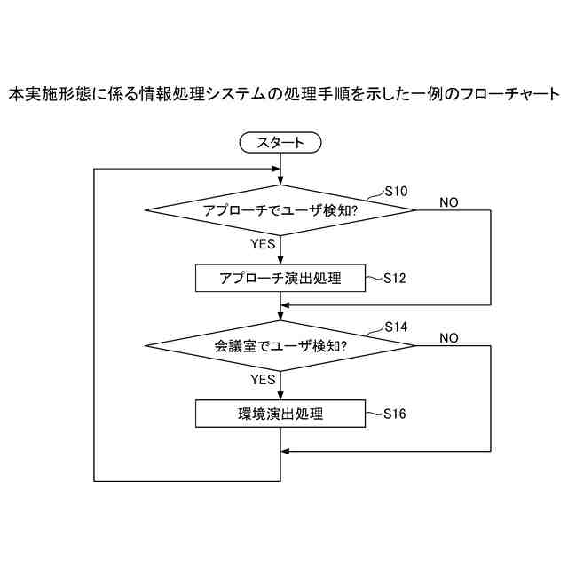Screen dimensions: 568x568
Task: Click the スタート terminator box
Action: pos(280,142)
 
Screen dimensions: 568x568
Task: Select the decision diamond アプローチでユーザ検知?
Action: pos(280,210)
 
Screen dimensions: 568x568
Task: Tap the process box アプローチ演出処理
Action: pos(280,278)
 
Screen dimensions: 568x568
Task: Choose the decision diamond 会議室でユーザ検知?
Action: pos(280,345)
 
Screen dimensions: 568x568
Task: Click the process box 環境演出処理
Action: pos(280,414)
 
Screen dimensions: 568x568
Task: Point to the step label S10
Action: pos(395,191)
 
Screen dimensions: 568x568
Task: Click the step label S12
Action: pos(395,278)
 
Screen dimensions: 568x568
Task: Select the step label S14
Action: pos(395,327)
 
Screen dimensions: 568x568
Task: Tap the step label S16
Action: pos(395,414)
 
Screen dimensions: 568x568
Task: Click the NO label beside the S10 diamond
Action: pos(449,202)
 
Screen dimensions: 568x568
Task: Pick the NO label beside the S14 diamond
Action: pos(449,337)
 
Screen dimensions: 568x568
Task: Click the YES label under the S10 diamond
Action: pos(264,244)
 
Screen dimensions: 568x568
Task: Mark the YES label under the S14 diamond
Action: pos(264,379)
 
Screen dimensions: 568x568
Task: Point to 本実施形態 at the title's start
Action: pos(42,93)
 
